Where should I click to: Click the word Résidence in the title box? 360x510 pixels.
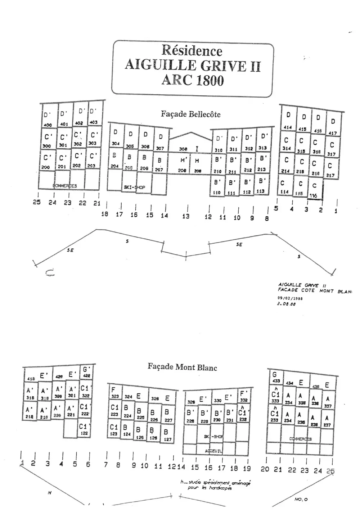(192, 50)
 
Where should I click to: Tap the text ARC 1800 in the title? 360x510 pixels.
(193, 80)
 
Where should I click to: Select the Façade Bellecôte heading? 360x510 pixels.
(190, 114)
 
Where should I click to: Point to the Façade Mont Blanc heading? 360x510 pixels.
(182, 367)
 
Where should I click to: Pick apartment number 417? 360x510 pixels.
(333, 133)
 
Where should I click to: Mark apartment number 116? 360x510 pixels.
(313, 196)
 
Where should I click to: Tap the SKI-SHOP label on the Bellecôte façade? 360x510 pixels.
(134, 187)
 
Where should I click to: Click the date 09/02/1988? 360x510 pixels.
(290, 298)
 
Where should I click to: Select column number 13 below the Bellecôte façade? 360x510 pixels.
(186, 216)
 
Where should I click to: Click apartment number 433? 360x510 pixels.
(276, 380)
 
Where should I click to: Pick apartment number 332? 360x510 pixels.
(243, 400)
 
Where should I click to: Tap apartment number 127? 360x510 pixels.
(167, 439)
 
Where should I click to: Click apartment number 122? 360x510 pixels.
(84, 433)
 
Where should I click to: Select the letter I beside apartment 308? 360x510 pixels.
(197, 148)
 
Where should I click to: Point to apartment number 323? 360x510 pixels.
(115, 396)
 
